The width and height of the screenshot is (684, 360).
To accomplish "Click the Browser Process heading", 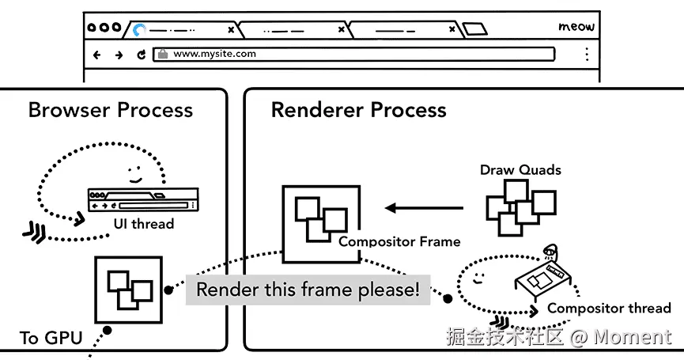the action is (111, 110).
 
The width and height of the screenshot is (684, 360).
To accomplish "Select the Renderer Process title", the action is (358, 110).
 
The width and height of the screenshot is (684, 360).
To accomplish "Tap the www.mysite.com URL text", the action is (214, 54).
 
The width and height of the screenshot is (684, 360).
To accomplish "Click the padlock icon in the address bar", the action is (163, 54).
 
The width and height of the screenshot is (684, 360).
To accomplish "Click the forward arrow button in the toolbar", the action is (119, 55).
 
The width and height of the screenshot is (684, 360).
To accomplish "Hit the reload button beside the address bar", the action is (141, 55).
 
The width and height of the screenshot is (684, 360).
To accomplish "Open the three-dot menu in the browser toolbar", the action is (587, 54).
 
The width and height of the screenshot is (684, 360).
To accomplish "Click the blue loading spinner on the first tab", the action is (139, 30).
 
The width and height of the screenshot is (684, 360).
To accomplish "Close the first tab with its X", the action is (231, 30).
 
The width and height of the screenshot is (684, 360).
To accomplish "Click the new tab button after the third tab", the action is (474, 29).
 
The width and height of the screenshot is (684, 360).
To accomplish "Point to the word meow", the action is (576, 27).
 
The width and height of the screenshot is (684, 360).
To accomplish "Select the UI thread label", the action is (143, 224).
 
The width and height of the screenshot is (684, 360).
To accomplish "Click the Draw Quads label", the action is (520, 170).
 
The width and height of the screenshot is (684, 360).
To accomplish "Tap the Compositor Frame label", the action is (399, 241).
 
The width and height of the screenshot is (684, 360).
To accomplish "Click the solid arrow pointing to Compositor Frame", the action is (424, 208).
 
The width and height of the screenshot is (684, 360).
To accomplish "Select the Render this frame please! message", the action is (308, 290).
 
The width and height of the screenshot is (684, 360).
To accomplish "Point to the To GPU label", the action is (51, 338).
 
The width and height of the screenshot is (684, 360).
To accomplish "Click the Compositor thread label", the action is (609, 308).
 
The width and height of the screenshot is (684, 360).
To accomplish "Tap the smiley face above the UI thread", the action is (135, 174).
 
